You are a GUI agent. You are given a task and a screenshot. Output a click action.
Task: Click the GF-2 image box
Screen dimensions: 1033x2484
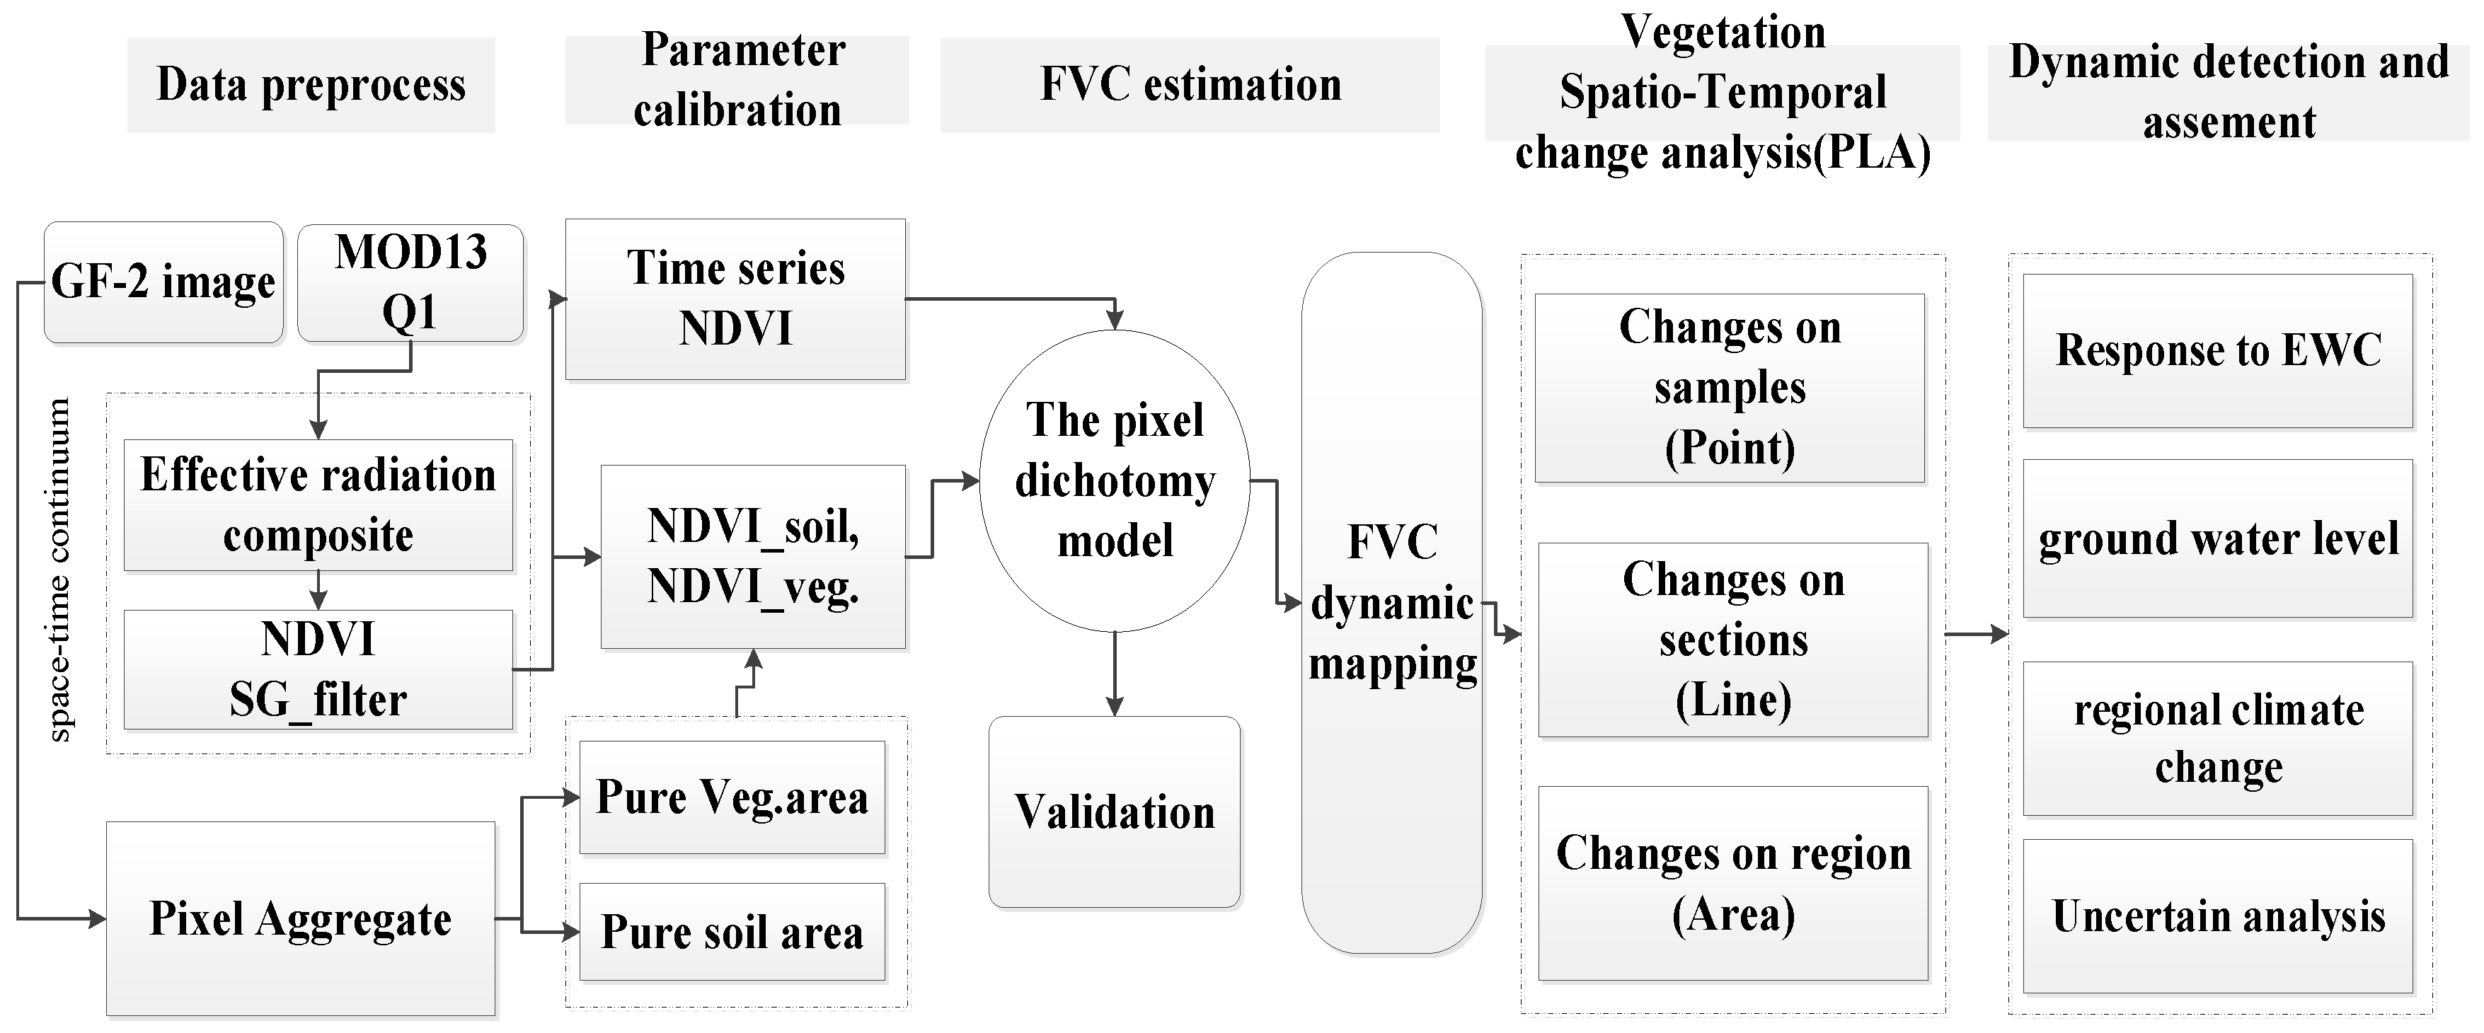click(x=163, y=282)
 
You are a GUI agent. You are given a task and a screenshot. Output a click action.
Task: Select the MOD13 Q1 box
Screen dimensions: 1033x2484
click(x=410, y=282)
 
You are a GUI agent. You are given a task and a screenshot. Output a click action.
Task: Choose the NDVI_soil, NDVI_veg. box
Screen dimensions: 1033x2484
click(x=752, y=557)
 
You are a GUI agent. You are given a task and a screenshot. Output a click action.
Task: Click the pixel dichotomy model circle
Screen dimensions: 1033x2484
click(x=1114, y=480)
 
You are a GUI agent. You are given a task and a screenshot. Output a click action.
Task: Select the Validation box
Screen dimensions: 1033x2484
click(x=1114, y=811)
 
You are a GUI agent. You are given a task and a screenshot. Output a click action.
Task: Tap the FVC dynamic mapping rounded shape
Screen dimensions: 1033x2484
click(x=1391, y=603)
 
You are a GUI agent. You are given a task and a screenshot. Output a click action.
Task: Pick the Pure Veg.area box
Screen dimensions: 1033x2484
click(x=731, y=797)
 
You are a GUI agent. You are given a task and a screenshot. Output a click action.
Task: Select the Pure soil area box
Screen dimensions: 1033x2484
click(x=731, y=932)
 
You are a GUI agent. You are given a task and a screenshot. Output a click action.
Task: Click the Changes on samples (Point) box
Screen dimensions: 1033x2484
click(x=1729, y=388)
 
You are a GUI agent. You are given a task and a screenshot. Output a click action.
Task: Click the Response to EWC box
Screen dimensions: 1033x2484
click(x=2217, y=350)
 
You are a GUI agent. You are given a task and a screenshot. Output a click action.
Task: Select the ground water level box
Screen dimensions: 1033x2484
click(x=2217, y=538)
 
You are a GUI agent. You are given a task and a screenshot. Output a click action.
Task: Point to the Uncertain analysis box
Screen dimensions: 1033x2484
click(x=2217, y=916)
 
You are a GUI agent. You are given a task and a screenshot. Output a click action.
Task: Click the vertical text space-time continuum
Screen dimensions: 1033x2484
click(x=59, y=569)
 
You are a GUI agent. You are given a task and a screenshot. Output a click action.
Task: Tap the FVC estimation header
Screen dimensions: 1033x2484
click(x=1189, y=85)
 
